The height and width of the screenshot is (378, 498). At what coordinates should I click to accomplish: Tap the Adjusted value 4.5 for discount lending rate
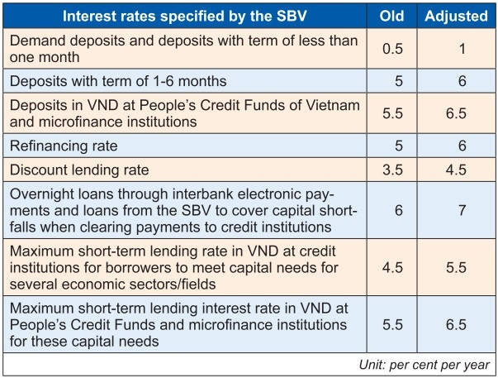pos(457,170)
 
